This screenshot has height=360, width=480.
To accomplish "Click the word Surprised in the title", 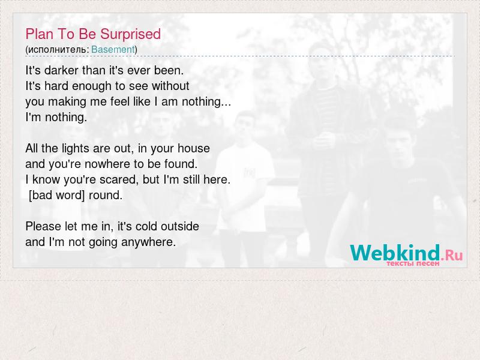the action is [x=130, y=35].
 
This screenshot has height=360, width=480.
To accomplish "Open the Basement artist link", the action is [x=113, y=49].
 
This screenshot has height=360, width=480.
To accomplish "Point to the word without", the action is [x=170, y=86].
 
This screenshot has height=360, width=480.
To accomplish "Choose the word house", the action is [x=194, y=148].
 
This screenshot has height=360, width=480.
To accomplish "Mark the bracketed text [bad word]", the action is [x=56, y=196].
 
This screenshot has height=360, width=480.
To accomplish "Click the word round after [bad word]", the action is [x=106, y=196].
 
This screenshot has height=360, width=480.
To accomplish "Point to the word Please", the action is [x=43, y=227].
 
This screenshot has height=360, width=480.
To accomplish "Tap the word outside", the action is [x=180, y=227].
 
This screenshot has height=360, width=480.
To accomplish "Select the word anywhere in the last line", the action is [x=148, y=242].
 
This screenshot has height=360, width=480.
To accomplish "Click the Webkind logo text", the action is [x=395, y=253].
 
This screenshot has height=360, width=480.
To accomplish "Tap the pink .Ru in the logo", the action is [x=452, y=254].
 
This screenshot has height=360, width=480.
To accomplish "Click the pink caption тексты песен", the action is [x=413, y=263].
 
